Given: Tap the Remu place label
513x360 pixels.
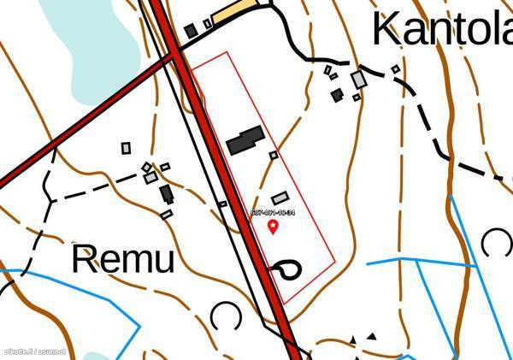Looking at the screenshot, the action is [122, 259].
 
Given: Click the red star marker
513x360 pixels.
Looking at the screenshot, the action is [274, 227].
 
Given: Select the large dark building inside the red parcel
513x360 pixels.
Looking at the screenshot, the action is [245, 140].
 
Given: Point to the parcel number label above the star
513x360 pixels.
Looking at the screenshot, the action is [274, 212].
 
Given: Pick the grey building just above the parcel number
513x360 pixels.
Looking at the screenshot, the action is [280, 198].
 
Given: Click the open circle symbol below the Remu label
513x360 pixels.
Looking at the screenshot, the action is [226, 316].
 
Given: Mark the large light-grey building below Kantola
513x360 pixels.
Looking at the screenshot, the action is [359, 80].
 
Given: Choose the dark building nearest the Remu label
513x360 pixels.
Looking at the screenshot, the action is [167, 194].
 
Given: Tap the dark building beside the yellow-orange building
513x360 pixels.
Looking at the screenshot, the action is [190, 32].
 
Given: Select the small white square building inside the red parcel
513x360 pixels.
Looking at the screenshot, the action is [274, 156].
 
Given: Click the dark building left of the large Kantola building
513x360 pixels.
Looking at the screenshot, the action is [338, 94].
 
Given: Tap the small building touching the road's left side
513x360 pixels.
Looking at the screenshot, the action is [222, 204].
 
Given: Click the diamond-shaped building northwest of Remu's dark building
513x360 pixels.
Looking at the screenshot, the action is [147, 168].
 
